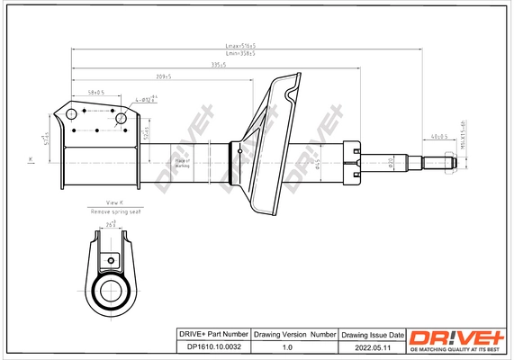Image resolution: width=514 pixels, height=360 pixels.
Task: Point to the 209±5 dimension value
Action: point(163,76)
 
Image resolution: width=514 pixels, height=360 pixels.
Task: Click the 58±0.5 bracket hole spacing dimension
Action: point(96,92)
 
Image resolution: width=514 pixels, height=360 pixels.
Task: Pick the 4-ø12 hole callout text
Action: point(147,100)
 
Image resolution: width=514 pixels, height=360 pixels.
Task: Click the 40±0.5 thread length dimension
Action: point(439,136)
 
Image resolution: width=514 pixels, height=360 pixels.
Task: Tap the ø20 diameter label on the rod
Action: point(391,163)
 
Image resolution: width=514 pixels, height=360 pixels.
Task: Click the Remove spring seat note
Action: point(115,211)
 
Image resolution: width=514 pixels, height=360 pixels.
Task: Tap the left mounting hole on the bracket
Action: point(68,114)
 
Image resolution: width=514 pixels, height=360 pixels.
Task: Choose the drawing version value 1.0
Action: point(287,346)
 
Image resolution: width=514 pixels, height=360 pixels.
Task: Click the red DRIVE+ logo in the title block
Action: point(457,338)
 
